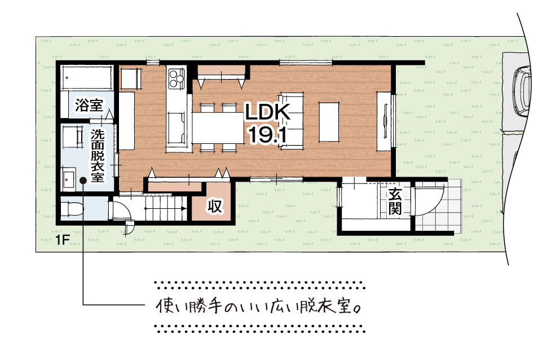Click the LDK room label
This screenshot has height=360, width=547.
coord(267,112)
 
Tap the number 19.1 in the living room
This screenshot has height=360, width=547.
coord(267,134)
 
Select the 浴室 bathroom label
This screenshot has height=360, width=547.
coord(89,105)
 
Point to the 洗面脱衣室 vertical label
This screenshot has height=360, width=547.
coord(98,155)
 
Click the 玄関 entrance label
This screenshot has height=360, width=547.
coord(395,202)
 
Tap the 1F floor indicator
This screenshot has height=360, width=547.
coord(63,240)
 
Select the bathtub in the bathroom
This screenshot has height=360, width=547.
coord(86,77)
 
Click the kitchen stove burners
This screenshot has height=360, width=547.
coord(176,79)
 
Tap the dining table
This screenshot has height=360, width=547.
coord(218,128)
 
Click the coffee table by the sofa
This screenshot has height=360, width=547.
coord(329,121)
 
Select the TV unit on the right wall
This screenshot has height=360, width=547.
coord(383,121)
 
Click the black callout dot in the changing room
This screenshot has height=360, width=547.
coord(83,181)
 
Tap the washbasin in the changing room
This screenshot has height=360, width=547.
coord(68,179)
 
